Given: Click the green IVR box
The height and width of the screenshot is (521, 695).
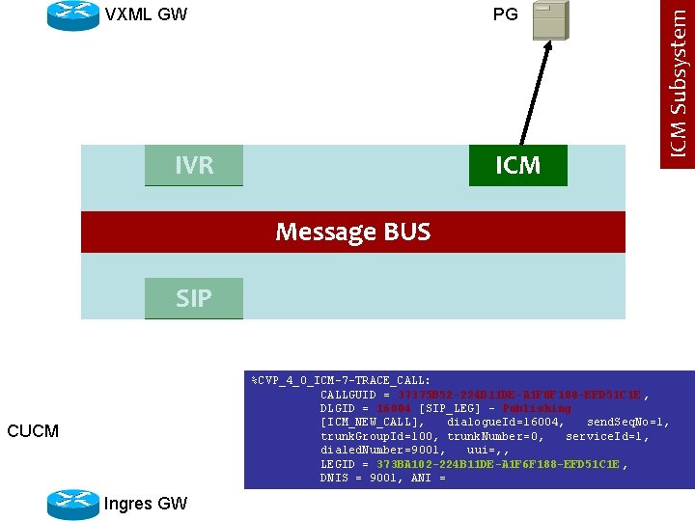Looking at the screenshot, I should [194, 165].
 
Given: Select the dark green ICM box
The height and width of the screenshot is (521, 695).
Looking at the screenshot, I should [517, 165].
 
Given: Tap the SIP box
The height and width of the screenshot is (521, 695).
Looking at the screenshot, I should [194, 298].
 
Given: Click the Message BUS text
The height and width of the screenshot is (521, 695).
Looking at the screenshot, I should [353, 232].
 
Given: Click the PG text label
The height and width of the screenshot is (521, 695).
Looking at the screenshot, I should [505, 14].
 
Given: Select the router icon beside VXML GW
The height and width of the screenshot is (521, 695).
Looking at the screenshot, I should [72, 14].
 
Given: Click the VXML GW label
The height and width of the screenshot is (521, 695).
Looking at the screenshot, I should [146, 14].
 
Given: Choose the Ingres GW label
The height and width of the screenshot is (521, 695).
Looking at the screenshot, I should [146, 504].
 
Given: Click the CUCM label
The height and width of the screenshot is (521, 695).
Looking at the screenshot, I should [33, 430].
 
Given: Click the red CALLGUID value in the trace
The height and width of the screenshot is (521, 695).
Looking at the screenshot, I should [520, 395].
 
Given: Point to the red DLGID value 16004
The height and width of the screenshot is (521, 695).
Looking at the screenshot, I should [396, 408].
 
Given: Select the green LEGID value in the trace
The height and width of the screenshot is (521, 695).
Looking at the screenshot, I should [499, 464].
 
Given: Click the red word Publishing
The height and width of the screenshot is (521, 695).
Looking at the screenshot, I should [537, 408].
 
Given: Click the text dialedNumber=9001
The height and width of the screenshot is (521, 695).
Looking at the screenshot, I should [382, 450].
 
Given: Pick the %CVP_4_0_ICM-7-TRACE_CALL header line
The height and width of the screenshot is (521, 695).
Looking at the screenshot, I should [341, 380].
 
